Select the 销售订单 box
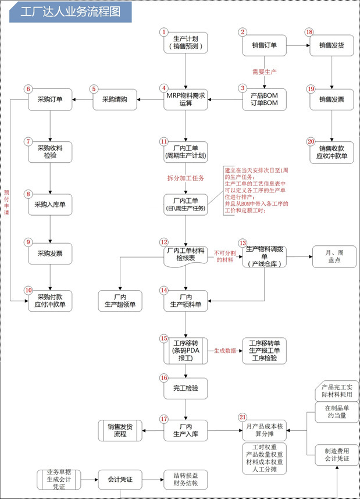264,45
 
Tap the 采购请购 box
115,99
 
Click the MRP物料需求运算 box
186,99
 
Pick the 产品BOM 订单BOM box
264,99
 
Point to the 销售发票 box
332,99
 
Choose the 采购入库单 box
51,204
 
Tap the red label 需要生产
264,72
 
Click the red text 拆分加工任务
186,178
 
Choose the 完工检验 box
186,387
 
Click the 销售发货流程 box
120,431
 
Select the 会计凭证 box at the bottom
120,480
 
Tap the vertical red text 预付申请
7,198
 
